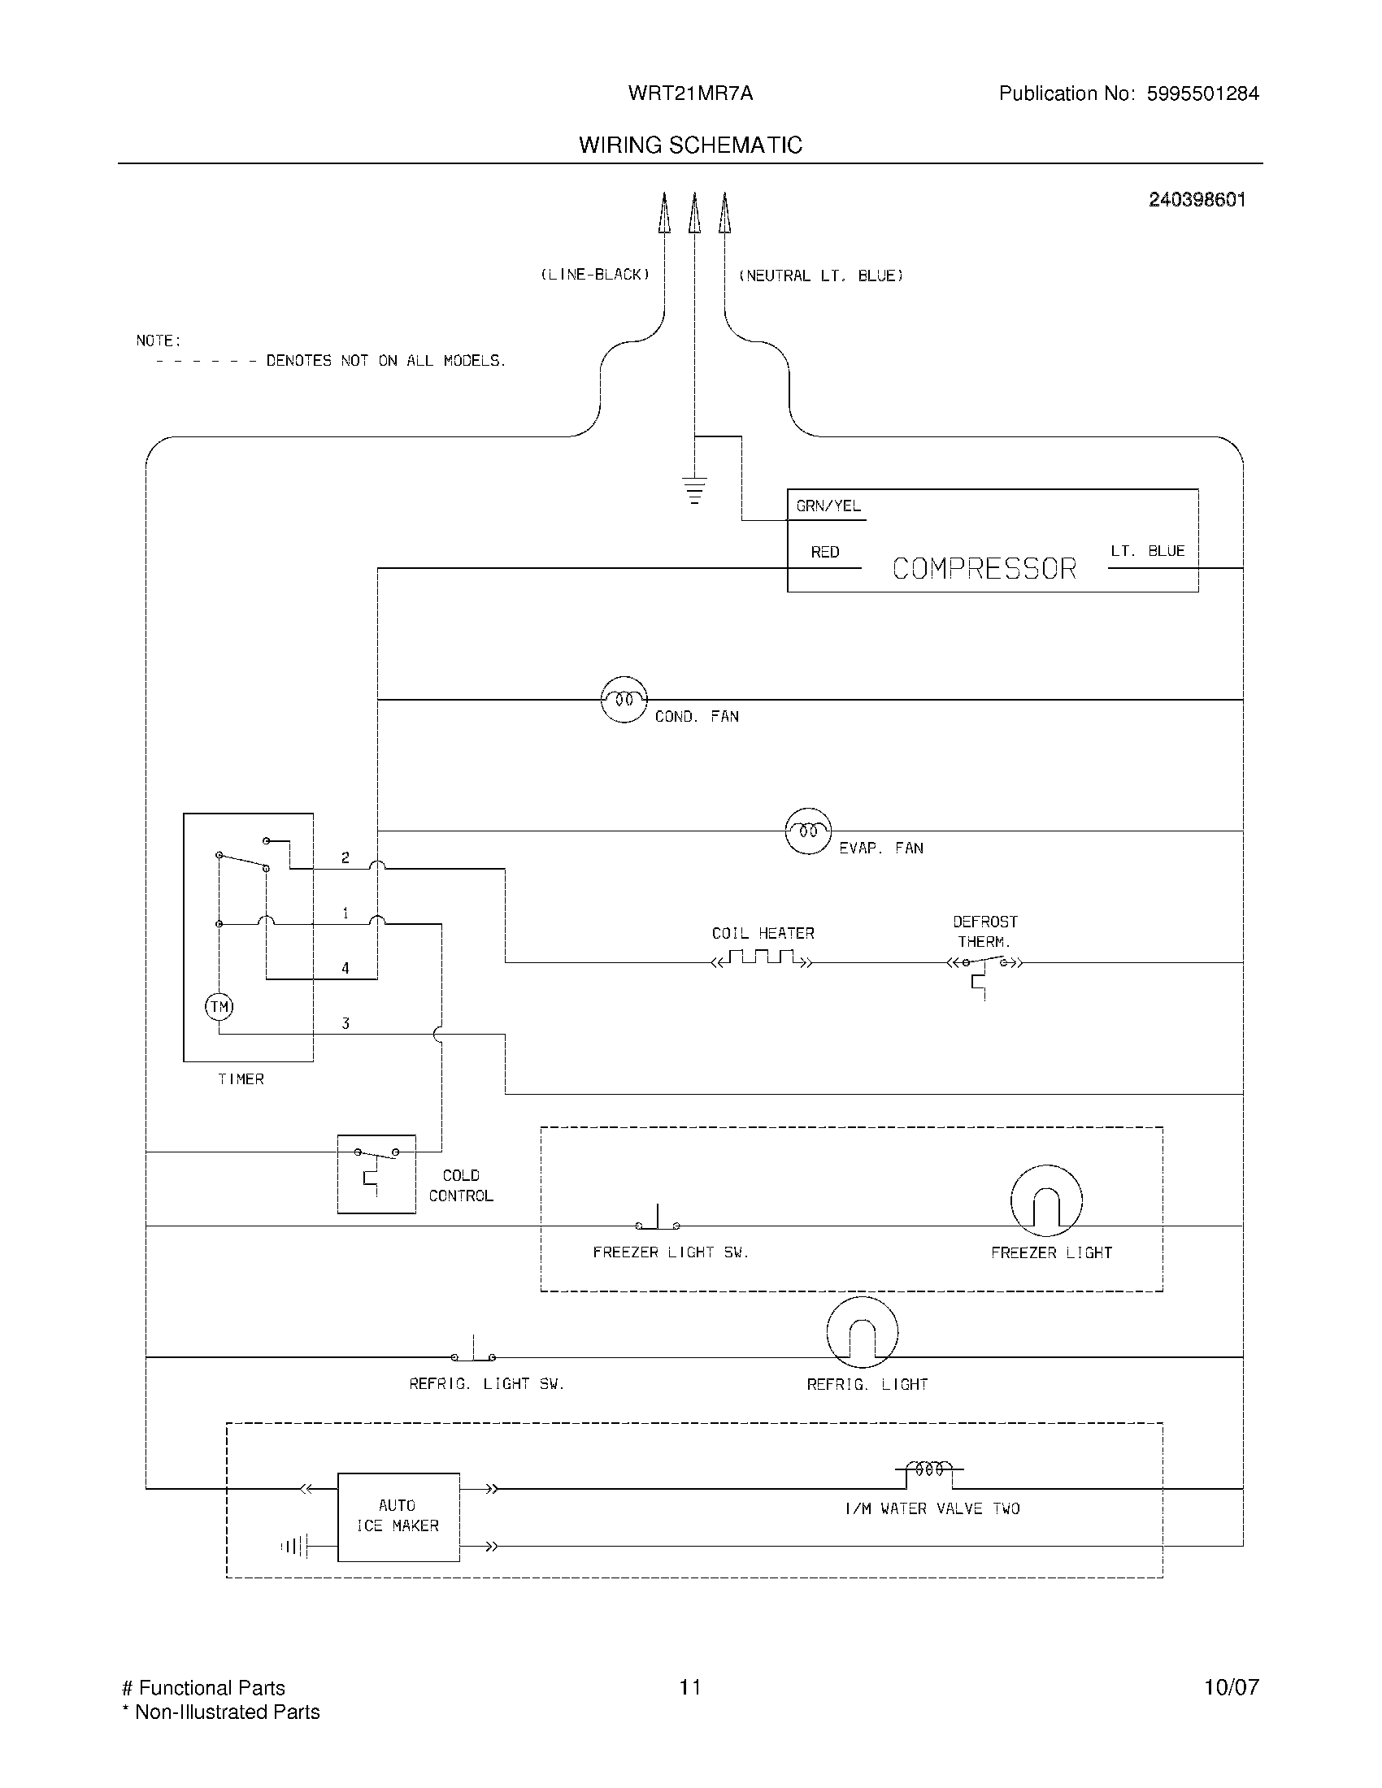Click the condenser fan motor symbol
click(624, 699)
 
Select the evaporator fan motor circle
click(808, 831)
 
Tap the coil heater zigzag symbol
click(763, 959)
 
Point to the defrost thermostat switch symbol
click(984, 966)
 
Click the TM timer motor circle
click(219, 1006)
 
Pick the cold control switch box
click(376, 1173)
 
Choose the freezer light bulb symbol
click(1046, 1201)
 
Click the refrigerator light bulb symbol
click(862, 1333)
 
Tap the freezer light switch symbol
click(658, 1221)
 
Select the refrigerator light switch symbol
click(473, 1352)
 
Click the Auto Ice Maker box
click(398, 1517)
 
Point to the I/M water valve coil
click(928, 1470)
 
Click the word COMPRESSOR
click(984, 569)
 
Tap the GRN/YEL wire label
click(828, 506)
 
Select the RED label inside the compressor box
click(824, 553)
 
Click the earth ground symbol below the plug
click(694, 488)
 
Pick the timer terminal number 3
click(345, 1023)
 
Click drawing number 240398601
click(1196, 200)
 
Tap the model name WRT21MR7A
click(690, 93)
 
